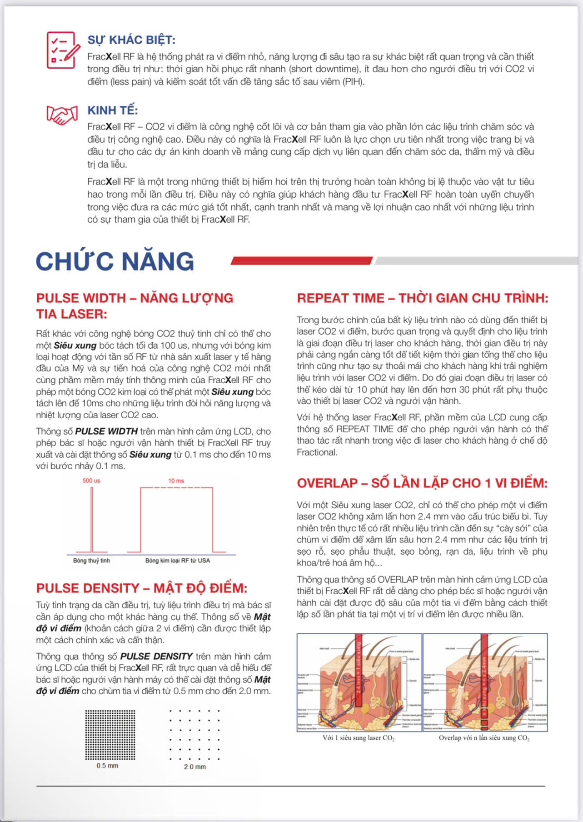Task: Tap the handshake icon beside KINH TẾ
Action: click(x=62, y=115)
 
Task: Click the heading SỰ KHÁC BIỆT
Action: click(x=131, y=40)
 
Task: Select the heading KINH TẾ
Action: click(x=113, y=110)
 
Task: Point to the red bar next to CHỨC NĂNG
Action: click(x=302, y=261)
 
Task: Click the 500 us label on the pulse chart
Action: click(x=91, y=481)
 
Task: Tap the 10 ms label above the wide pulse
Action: click(x=176, y=481)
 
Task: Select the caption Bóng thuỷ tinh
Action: click(x=91, y=561)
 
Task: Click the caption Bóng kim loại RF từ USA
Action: click(x=178, y=561)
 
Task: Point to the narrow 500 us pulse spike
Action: click(x=92, y=518)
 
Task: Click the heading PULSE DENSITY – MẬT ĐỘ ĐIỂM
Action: click(x=142, y=588)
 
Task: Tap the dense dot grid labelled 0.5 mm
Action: click(x=110, y=734)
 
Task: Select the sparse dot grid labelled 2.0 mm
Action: click(x=194, y=734)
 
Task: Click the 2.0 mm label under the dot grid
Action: click(x=194, y=767)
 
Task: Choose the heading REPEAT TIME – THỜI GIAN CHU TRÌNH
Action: click(x=422, y=298)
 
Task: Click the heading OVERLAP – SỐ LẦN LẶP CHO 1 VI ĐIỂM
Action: click(x=422, y=483)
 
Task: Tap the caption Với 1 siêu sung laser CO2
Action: click(x=359, y=738)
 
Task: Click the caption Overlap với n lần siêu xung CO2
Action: click(x=484, y=738)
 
